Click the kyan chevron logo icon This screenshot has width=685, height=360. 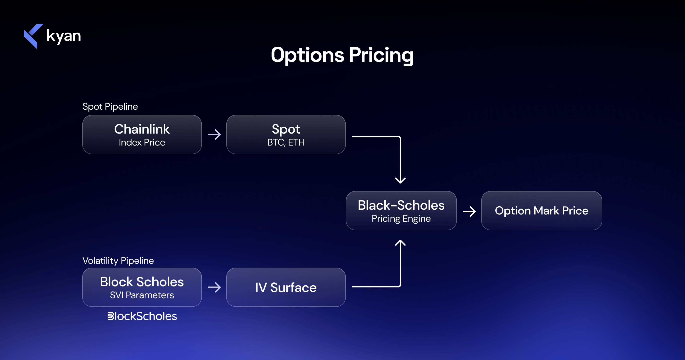click(33, 36)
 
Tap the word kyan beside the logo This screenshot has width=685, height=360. click(64, 36)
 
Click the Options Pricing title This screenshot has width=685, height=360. click(342, 55)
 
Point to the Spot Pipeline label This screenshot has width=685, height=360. click(110, 107)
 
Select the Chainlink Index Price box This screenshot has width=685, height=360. click(142, 134)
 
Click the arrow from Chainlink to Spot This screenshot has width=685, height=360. click(214, 135)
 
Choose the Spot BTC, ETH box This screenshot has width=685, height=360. click(286, 134)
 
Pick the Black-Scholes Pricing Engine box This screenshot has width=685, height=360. click(401, 210)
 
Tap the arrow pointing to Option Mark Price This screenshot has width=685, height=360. click(469, 212)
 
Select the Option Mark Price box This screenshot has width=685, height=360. click(541, 210)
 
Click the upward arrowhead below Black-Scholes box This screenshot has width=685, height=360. click(400, 243)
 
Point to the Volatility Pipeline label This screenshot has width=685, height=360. click(118, 260)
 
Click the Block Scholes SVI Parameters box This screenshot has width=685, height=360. click(142, 287)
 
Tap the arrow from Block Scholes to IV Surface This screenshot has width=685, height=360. click(214, 287)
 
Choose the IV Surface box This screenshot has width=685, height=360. click(286, 287)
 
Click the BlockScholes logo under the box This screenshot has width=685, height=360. click(142, 316)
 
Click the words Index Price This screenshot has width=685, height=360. click(142, 142)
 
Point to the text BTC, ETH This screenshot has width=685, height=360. click(286, 142)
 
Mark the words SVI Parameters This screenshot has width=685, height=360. click(142, 295)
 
